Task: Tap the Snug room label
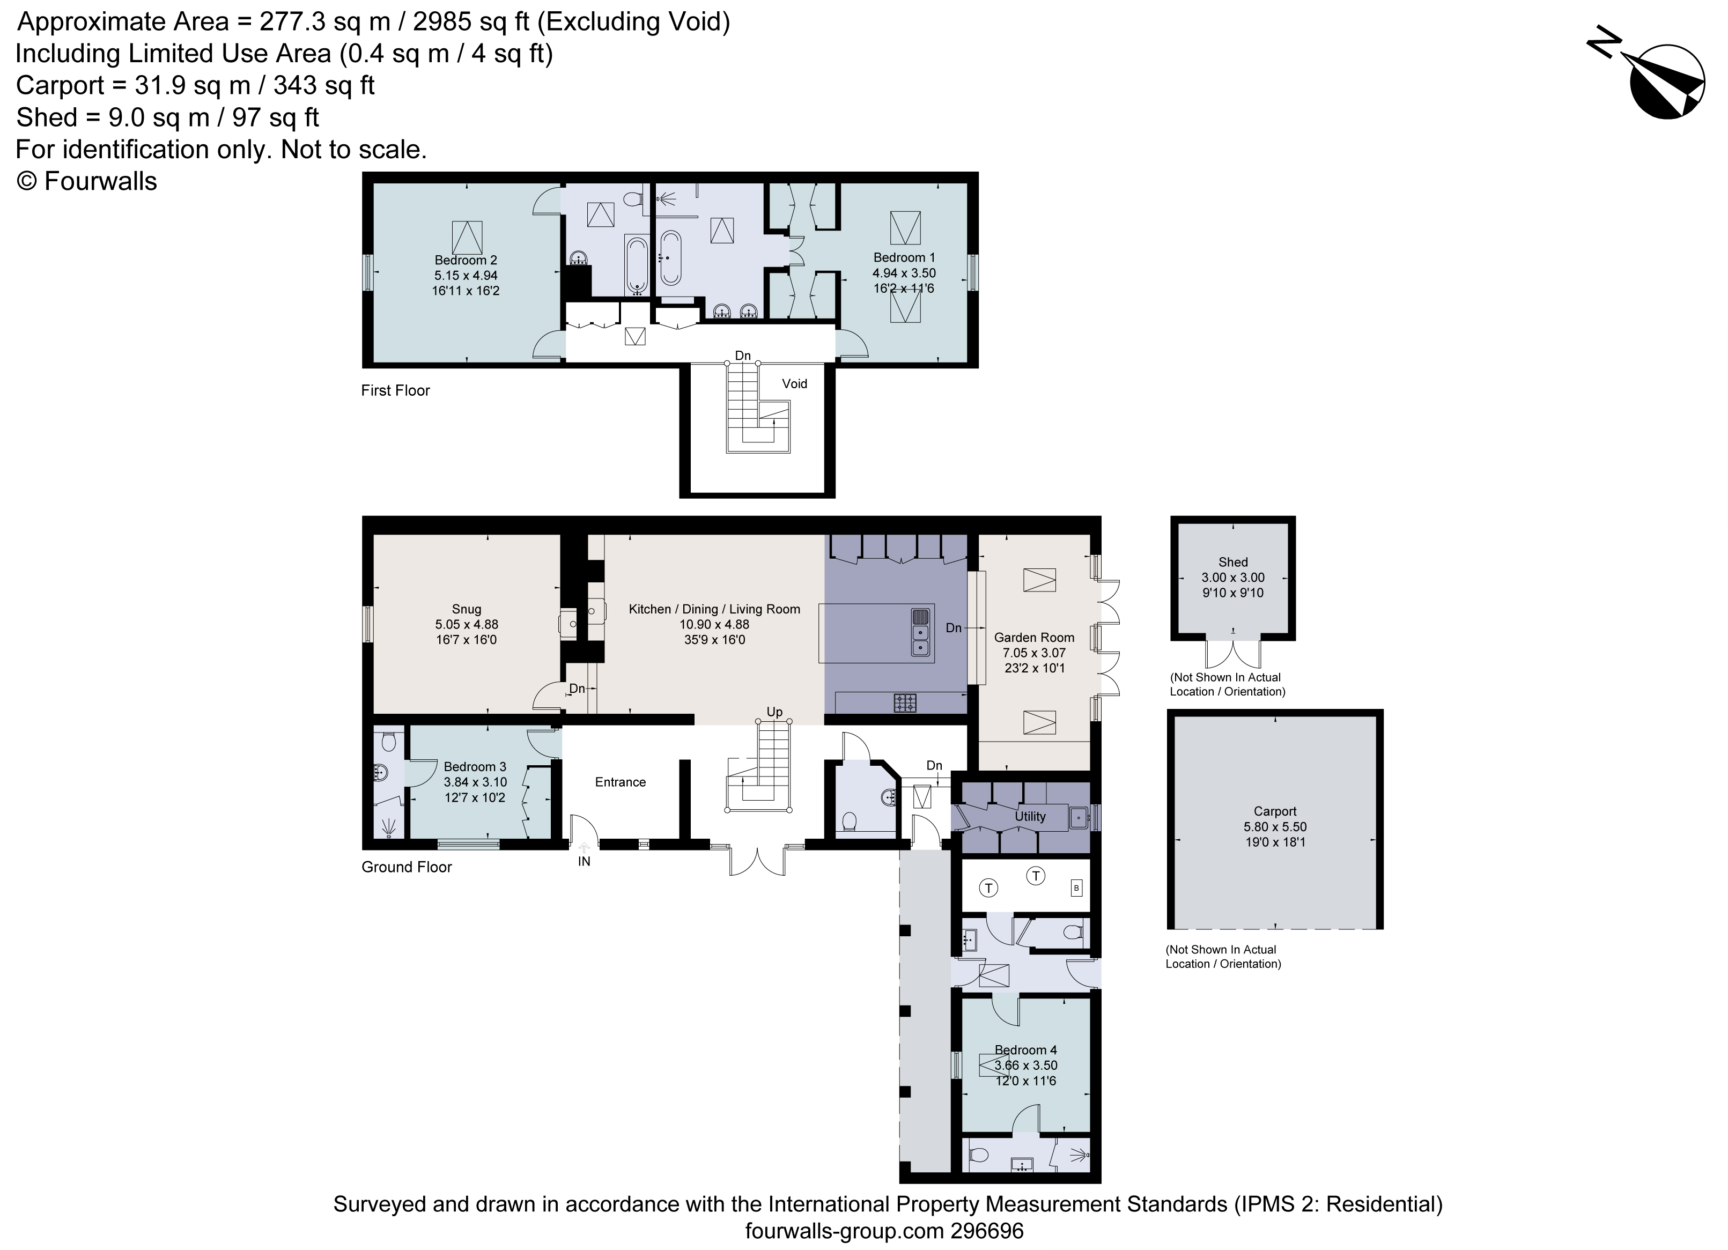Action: click(x=466, y=609)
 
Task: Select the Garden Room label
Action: click(x=1034, y=637)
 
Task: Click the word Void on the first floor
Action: click(x=794, y=383)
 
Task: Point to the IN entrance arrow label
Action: click(x=584, y=861)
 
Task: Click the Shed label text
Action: click(x=1233, y=562)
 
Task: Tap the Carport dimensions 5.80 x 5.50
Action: click(x=1275, y=826)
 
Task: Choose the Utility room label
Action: click(x=1029, y=816)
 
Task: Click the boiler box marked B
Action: click(x=1076, y=887)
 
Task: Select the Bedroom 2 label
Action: click(x=466, y=260)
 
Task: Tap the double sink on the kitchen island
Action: click(x=920, y=632)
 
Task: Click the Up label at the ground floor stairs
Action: click(x=774, y=712)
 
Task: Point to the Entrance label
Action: click(x=620, y=781)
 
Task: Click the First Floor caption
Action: click(x=395, y=390)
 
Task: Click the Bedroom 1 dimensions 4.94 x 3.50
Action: click(x=904, y=273)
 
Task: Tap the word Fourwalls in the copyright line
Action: click(x=101, y=181)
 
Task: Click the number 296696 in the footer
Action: click(x=987, y=1231)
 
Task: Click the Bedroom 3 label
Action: click(x=475, y=766)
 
